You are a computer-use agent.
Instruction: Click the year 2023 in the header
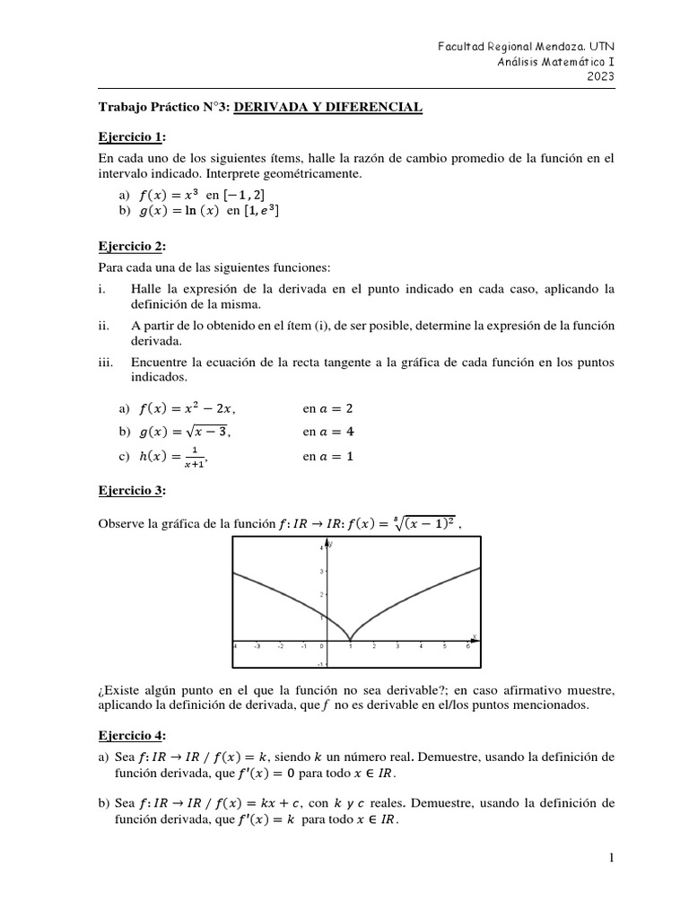coord(602,77)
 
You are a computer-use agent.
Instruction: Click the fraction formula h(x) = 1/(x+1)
coord(170,456)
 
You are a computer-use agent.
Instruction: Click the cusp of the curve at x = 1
coord(350,639)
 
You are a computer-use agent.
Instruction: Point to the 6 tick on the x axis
coord(467,646)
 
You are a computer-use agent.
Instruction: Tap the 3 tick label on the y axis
coord(321,570)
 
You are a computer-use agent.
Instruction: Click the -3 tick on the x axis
coord(257,646)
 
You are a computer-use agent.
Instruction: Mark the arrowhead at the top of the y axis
coord(327,542)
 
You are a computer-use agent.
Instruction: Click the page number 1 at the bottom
coord(611,859)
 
